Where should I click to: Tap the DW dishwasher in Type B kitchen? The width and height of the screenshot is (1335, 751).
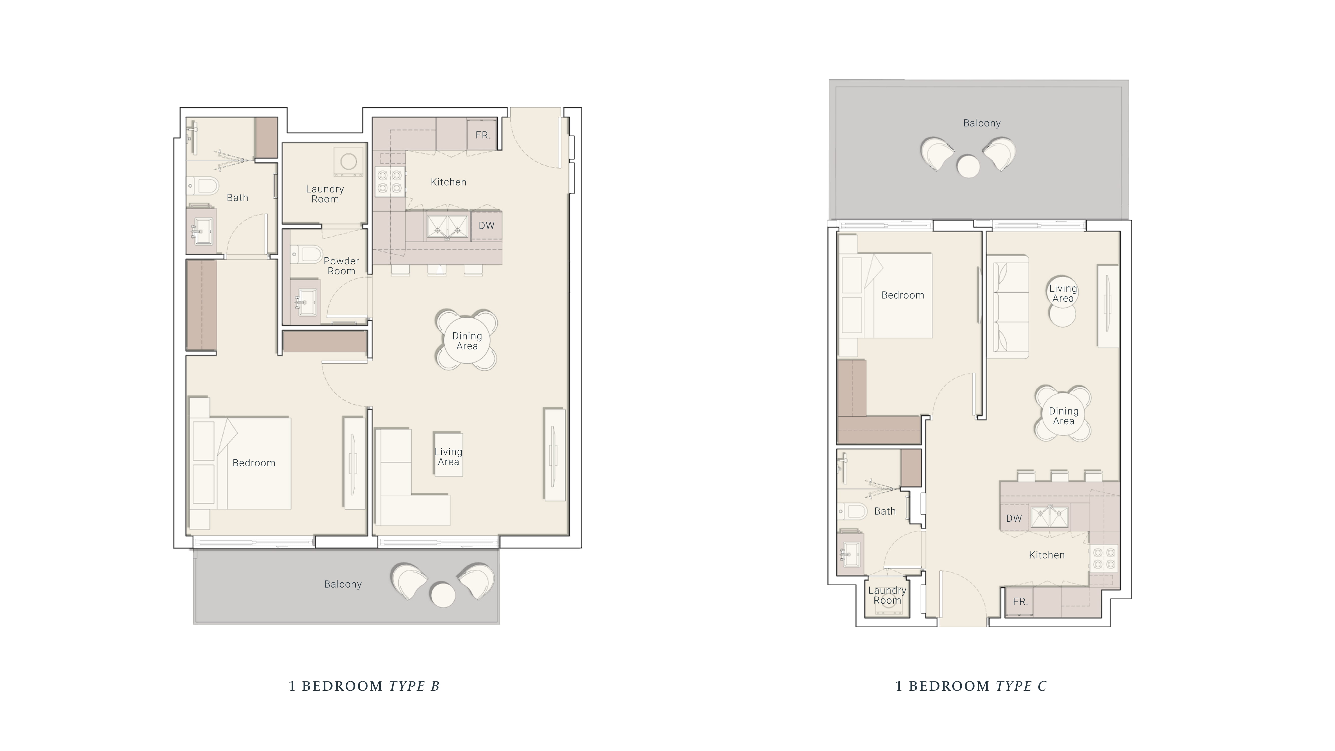click(486, 226)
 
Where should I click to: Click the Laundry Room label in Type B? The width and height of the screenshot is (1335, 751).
click(325, 194)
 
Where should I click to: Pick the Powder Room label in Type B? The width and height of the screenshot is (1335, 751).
click(341, 266)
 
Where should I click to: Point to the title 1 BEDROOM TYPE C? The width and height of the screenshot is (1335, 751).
click(971, 686)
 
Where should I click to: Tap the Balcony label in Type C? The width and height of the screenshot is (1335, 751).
click(982, 123)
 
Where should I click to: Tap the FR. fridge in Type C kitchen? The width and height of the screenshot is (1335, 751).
click(1020, 601)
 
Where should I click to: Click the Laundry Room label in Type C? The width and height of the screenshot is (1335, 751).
click(887, 595)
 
